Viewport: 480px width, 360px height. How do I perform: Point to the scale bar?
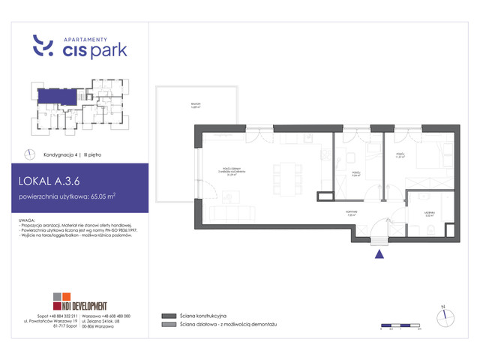pos(399,325)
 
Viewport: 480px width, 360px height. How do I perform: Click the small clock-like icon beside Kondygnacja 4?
pos(29,154)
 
